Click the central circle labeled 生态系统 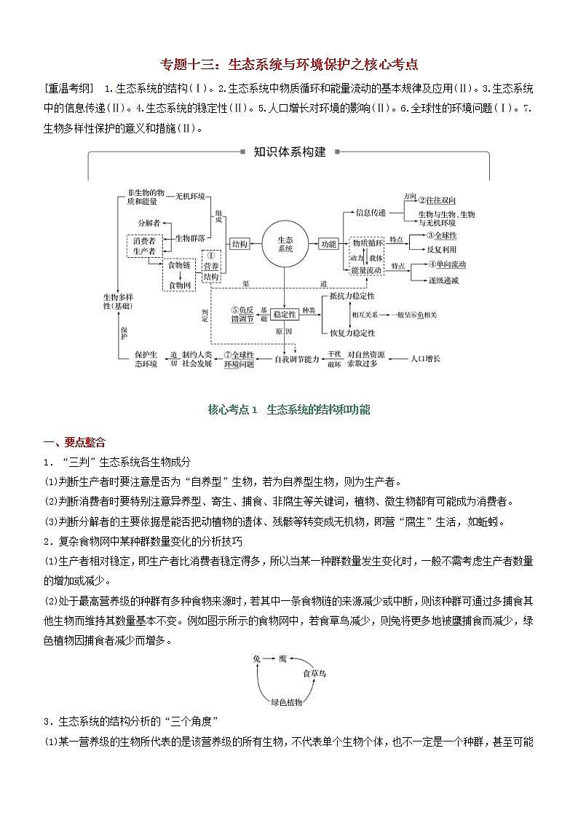coord(285,244)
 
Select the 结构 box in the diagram coord(239,244)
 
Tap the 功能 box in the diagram coord(328,244)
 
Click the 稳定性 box coord(285,314)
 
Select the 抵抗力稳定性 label coord(352,296)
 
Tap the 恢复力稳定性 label coord(352,333)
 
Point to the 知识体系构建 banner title coord(289,152)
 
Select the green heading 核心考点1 coord(289,409)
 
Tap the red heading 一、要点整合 coord(74,442)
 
